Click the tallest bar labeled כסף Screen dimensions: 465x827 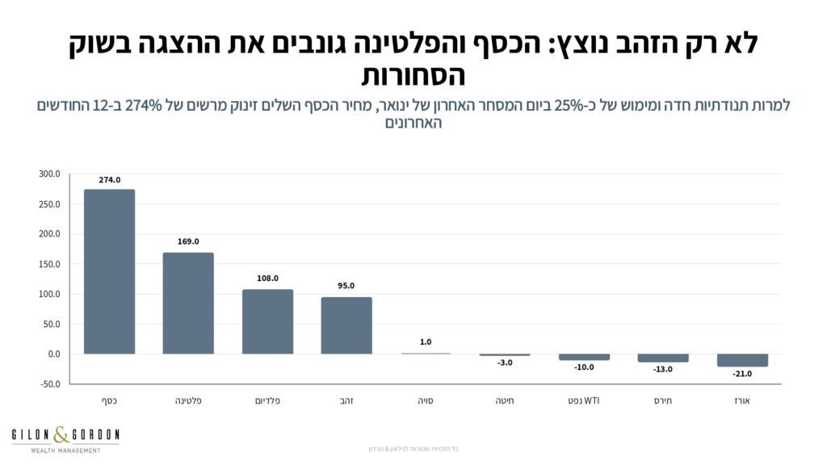coord(109,271)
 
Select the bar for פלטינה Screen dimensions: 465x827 coord(188,303)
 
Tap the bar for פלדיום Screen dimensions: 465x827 coord(267,321)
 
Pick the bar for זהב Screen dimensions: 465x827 coord(346,325)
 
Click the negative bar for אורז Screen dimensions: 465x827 coord(742,360)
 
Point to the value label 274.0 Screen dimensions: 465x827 coord(109,180)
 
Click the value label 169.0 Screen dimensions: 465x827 coord(188,241)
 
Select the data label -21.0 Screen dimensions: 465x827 coord(742,374)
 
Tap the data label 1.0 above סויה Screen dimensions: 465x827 coord(426,342)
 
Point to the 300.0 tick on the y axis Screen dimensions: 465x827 coord(49,174)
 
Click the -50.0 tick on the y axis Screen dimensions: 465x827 coord(49,384)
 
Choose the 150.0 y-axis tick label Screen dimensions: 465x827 coord(49,264)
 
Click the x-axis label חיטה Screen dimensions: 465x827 coord(504,400)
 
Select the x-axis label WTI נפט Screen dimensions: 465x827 coord(583,400)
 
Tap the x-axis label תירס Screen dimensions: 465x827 coord(662,400)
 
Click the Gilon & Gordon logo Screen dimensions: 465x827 coord(65,436)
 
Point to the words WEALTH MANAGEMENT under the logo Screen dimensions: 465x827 coord(65,450)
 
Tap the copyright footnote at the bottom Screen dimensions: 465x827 coord(413,449)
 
